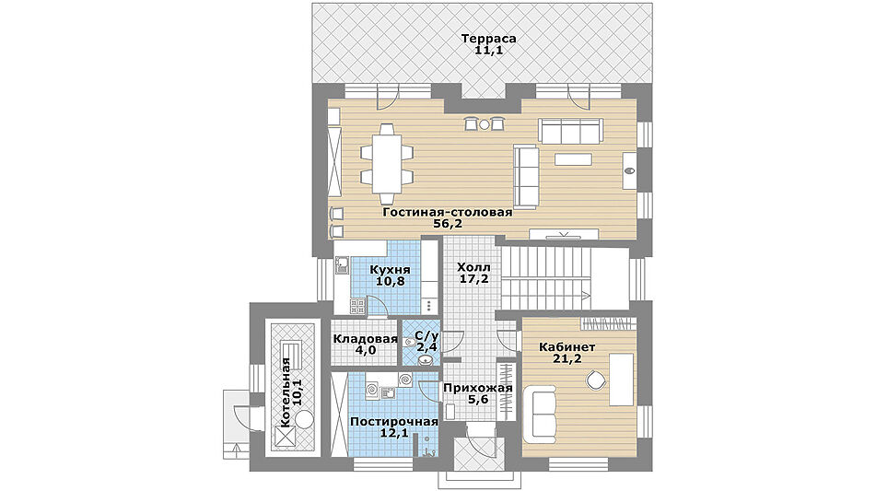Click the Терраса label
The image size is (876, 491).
[488, 39]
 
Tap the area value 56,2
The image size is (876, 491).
[448, 224]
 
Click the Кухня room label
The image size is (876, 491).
[390, 270]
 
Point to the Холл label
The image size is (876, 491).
[473, 266]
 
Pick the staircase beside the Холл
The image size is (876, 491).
[546, 278]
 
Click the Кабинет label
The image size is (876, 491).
[567, 347]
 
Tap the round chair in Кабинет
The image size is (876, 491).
[596, 381]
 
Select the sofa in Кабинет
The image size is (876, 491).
[543, 414]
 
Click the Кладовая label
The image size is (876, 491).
[366, 338]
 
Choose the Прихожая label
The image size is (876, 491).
[478, 388]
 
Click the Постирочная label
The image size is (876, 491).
[394, 422]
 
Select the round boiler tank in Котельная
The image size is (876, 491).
[306, 419]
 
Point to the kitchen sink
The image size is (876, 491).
[342, 265]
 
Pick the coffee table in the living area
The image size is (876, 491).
[573, 159]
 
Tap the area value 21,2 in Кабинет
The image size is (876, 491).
[567, 358]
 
